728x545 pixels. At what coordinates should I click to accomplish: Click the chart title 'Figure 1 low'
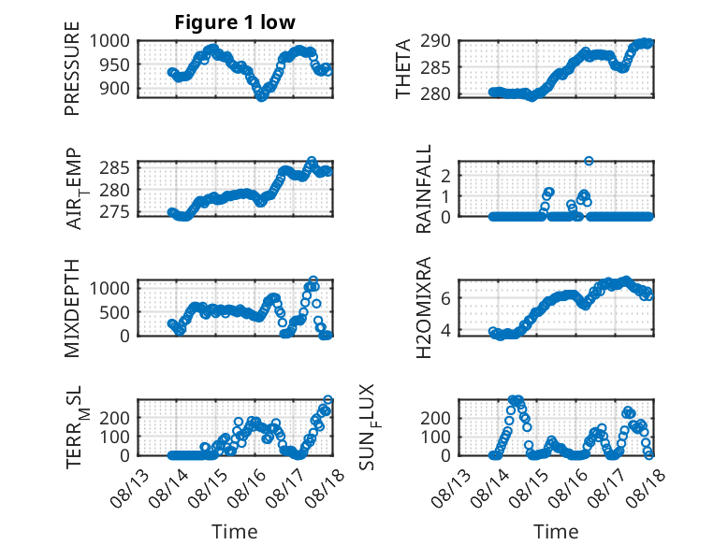(235, 22)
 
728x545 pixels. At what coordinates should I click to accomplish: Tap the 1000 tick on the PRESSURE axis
(109, 41)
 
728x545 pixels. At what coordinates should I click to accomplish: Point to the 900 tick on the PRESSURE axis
(115, 88)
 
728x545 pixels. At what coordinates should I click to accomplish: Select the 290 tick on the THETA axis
(436, 41)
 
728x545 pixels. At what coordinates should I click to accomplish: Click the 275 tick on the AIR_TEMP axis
(115, 212)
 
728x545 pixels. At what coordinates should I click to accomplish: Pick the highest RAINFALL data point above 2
(589, 161)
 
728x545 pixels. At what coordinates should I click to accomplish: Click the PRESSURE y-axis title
(72, 68)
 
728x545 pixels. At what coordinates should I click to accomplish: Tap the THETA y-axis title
(403, 68)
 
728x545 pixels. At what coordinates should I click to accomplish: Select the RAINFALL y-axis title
(424, 189)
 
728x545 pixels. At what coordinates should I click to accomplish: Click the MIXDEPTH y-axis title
(72, 308)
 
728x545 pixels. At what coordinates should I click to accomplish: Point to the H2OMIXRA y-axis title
(424, 308)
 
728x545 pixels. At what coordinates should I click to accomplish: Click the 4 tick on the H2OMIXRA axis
(445, 331)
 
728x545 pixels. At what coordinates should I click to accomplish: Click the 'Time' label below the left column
(235, 532)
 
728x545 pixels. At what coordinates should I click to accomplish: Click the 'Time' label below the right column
(556, 532)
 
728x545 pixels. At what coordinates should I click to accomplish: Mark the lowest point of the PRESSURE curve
(261, 96)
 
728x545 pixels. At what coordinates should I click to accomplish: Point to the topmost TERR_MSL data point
(328, 400)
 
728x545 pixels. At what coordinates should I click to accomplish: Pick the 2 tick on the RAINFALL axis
(445, 177)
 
